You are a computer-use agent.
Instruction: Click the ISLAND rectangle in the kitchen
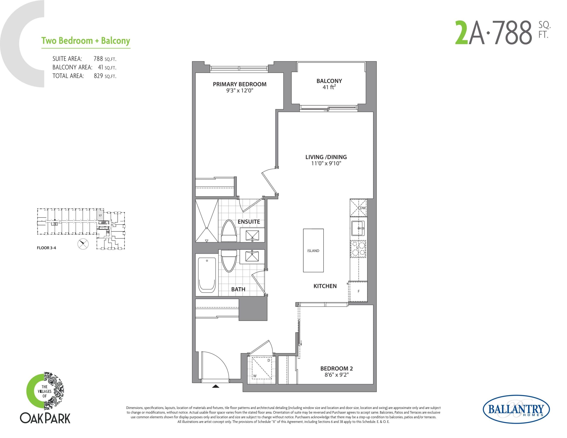point(313,250)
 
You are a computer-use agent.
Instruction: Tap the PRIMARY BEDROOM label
point(239,84)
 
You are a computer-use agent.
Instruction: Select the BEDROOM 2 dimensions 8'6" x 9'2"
point(336,375)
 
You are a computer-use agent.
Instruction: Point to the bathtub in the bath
point(207,275)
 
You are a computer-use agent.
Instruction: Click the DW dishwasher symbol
point(359,208)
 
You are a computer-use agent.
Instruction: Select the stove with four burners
point(358,249)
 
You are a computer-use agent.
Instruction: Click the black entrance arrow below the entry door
point(216,386)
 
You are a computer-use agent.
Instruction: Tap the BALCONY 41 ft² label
point(329,84)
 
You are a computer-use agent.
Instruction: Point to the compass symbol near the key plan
point(83,244)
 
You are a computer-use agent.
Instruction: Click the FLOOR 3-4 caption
point(47,248)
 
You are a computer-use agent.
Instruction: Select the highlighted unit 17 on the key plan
point(100,215)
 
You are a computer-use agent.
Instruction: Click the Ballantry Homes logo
point(516,409)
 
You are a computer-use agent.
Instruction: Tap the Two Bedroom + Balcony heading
point(86,41)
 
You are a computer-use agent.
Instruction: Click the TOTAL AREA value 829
point(98,76)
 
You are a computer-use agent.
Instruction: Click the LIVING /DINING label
point(326,157)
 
